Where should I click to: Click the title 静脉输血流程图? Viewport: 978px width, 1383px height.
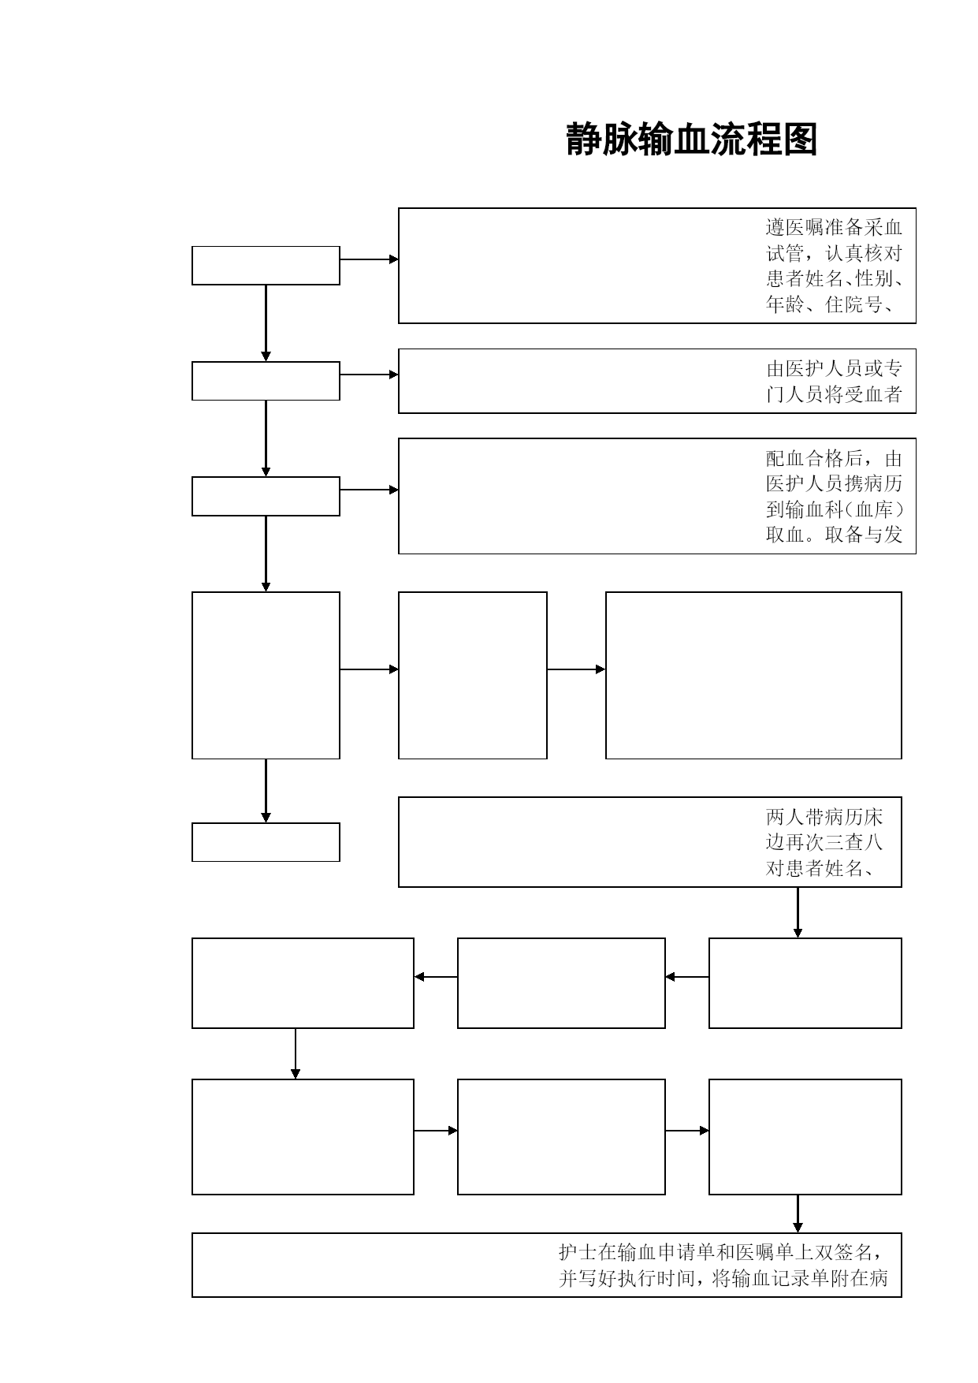[x=692, y=140]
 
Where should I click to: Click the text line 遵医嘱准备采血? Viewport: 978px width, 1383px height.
[x=835, y=228]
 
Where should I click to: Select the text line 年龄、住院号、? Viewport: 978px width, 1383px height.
[x=830, y=304]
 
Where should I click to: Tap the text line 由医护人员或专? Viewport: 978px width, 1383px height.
[x=835, y=369]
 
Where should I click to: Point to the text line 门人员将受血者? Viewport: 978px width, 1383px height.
[x=835, y=394]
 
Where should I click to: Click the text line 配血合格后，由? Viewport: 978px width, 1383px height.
[x=835, y=459]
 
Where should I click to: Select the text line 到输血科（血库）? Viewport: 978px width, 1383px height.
[x=835, y=509]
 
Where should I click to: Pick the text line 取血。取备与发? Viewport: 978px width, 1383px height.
[x=835, y=535]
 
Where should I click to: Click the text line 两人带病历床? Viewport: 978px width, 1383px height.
[x=824, y=817]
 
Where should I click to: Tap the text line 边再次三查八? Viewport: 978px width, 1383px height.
[x=824, y=842]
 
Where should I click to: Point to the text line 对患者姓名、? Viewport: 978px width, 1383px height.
[x=824, y=868]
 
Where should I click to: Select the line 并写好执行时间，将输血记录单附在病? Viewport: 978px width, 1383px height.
[x=723, y=1278]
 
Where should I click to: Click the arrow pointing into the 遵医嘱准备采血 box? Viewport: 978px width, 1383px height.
[x=369, y=259]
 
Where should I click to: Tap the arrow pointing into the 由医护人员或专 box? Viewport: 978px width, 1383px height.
[x=369, y=375]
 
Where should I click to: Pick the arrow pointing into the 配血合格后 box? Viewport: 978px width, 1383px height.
[x=369, y=490]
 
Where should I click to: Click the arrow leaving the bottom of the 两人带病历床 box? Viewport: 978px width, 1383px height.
[x=798, y=912]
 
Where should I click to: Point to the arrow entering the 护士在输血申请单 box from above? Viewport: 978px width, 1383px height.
[x=798, y=1213]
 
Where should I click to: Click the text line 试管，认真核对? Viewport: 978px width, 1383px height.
[x=835, y=253]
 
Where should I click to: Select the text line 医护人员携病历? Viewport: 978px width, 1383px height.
[x=835, y=484]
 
